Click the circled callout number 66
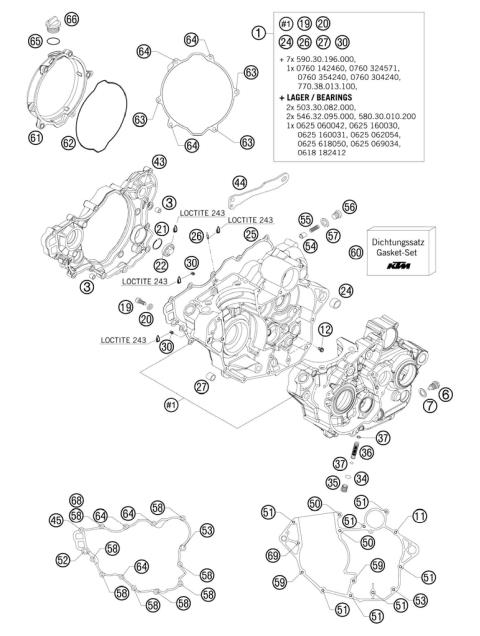click(x=71, y=19)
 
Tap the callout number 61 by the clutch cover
click(x=36, y=137)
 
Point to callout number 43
click(x=159, y=161)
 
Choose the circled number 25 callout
click(x=251, y=233)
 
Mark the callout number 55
click(x=306, y=219)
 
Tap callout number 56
click(x=349, y=206)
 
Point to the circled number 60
click(x=356, y=253)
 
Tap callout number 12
click(x=325, y=329)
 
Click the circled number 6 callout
click(x=445, y=394)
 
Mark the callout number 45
click(x=56, y=519)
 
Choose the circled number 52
click(x=63, y=560)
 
